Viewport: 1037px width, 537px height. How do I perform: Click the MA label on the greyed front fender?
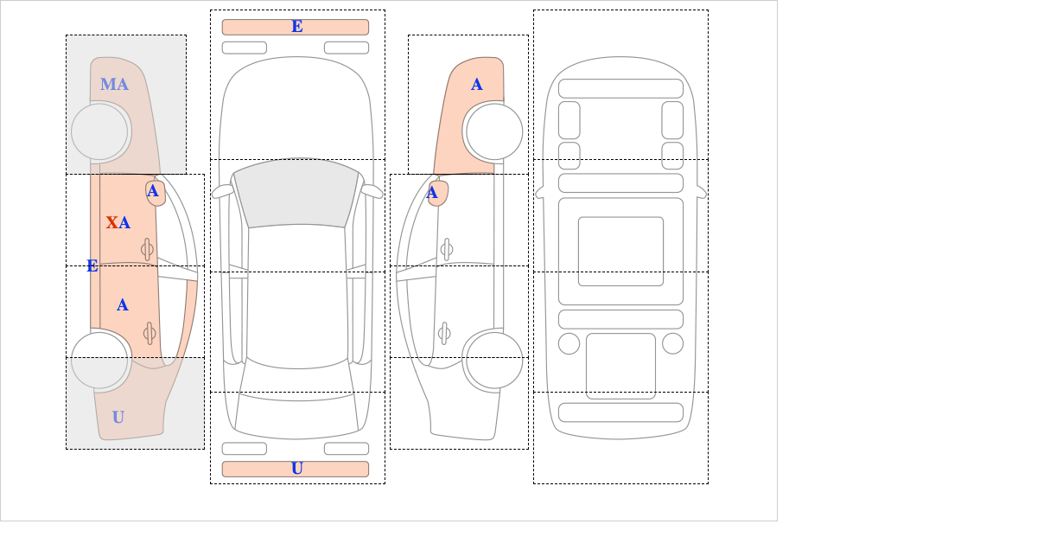114,85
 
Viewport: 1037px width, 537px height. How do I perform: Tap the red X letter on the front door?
111,223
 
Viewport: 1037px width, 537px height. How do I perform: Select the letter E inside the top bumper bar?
297,27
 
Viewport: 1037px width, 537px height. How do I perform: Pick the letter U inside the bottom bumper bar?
297,469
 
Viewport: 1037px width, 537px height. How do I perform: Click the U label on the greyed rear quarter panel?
118,418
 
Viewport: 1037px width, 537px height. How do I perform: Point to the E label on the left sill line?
92,266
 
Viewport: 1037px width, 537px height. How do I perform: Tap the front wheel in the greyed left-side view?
99,131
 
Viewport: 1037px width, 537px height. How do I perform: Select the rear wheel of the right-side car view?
494,360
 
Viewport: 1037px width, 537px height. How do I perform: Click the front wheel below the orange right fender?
494,131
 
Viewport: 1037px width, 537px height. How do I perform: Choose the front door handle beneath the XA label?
147,250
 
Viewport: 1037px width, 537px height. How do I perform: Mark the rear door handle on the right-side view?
444,333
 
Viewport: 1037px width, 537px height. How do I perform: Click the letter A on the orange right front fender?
477,85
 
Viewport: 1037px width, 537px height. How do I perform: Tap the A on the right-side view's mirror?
432,193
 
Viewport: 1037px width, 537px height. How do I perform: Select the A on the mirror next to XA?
153,191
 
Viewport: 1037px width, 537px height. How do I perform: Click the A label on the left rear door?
122,305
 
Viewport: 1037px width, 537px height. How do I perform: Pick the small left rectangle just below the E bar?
245,48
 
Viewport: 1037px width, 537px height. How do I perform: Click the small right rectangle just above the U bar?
347,449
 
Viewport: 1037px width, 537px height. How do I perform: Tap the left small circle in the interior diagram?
569,344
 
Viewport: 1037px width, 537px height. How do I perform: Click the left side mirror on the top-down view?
222,191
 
